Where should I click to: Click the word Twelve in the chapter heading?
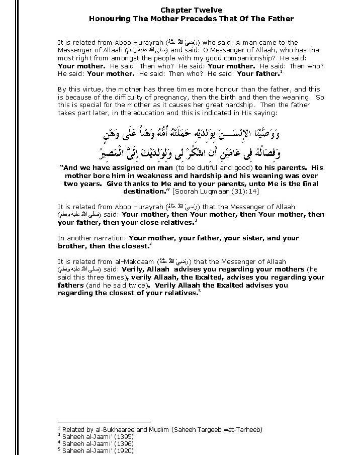(x=208, y=10)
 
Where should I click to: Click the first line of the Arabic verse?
(x=191, y=133)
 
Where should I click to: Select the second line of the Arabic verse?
(x=191, y=151)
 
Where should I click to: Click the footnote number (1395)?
(x=120, y=436)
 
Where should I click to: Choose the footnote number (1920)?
(x=120, y=450)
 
